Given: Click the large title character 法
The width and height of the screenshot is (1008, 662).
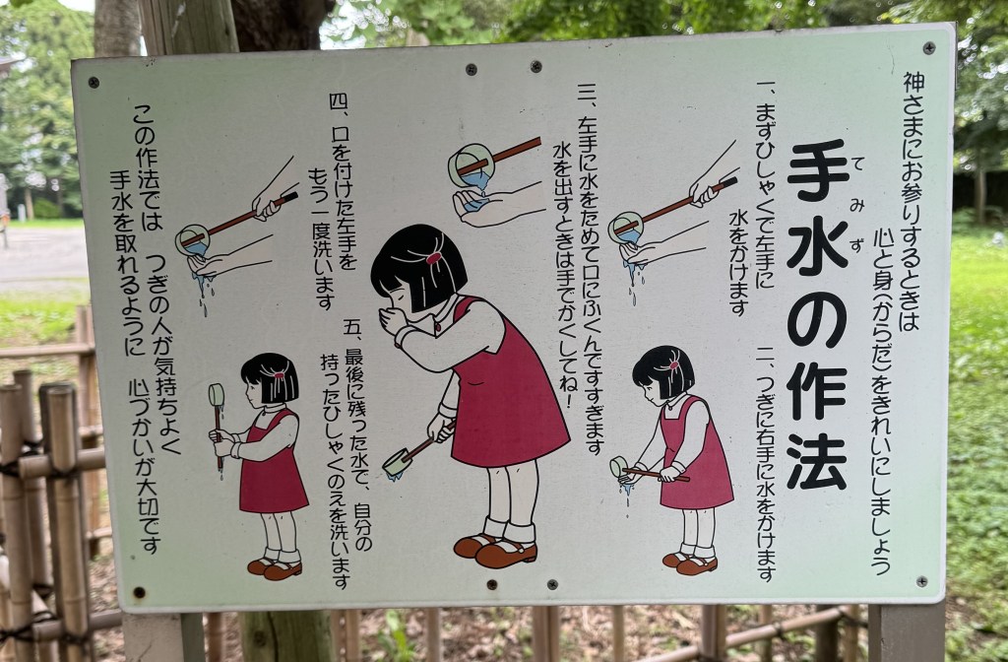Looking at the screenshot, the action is pos(815,461).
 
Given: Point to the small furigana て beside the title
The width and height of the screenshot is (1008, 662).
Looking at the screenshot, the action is pos(857,164).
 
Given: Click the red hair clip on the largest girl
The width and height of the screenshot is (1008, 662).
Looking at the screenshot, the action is pos(433,259).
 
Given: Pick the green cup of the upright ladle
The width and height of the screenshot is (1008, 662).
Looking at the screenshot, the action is pos(217,395).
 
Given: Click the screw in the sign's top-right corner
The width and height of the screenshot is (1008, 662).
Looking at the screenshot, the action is pos(929,47).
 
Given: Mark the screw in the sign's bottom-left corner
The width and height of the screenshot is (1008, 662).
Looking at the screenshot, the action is pos(139,592).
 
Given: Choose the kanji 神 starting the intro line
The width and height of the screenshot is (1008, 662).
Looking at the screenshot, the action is pos(914,83).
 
